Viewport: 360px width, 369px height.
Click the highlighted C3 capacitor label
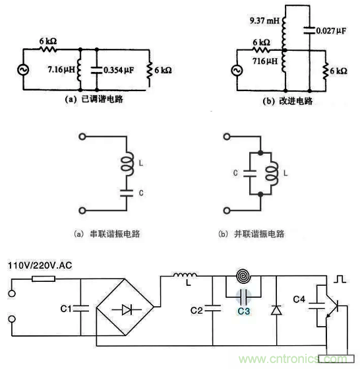tap(244, 310)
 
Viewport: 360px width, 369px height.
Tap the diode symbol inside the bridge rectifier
tap(125, 308)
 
